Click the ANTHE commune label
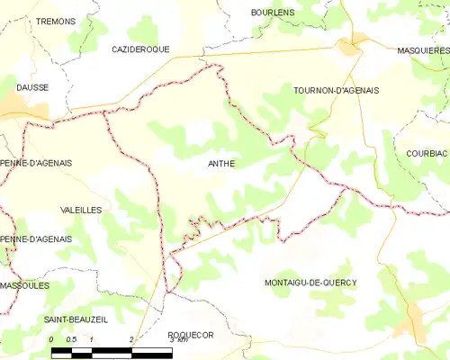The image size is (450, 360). pos(221,164)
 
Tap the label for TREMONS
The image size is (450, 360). pos(55,20)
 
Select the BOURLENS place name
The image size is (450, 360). pos(273,12)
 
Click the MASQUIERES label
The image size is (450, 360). pos(423,51)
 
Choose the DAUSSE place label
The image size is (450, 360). pos(31,87)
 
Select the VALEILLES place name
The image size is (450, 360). pos(80,209)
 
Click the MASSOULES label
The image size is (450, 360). pos(24,285)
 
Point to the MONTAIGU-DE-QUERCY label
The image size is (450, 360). pos(310,283)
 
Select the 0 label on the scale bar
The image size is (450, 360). pos(51,339)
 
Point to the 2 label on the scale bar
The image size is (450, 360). pos(132,339)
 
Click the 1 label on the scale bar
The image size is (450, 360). pos(92,339)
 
